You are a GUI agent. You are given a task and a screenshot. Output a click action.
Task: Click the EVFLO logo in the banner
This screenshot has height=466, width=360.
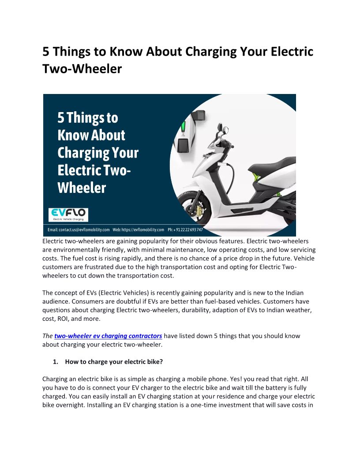pyautogui.click(x=68, y=215)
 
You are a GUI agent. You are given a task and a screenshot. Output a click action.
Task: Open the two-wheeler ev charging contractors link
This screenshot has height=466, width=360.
pyautogui.click(x=108, y=336)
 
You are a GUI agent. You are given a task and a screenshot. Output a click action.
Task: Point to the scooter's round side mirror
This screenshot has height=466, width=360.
pyautogui.click(x=226, y=130)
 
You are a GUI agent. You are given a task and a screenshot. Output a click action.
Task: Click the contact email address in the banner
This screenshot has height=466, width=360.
pyautogui.click(x=79, y=230)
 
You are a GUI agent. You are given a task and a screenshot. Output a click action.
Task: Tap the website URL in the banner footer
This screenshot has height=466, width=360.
pyautogui.click(x=138, y=230)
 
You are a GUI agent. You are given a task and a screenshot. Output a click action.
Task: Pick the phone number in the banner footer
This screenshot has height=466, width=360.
pyautogui.click(x=185, y=230)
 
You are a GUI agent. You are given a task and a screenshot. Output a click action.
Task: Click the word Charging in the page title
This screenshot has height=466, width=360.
pyautogui.click(x=211, y=52)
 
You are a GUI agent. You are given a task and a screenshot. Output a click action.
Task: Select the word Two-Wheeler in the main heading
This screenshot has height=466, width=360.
pyautogui.click(x=82, y=69)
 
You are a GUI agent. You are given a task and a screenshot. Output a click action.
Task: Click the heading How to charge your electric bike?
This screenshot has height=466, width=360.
pyautogui.click(x=114, y=362)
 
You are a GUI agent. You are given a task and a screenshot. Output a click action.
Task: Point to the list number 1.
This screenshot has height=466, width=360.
pyautogui.click(x=55, y=362)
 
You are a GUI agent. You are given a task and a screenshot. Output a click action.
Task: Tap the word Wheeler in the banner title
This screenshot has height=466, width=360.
pyautogui.click(x=82, y=188)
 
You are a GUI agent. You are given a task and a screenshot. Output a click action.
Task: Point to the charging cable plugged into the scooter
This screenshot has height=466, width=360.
pyautogui.click(x=230, y=173)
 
